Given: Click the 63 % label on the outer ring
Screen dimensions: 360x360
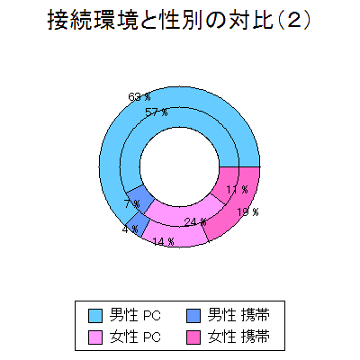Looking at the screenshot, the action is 139,97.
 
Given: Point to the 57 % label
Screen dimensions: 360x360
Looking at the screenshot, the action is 157,112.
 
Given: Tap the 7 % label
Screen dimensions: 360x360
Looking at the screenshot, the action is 132,204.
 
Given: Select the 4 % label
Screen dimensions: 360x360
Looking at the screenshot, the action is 130,229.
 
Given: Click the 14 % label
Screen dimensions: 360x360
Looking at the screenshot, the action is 163,241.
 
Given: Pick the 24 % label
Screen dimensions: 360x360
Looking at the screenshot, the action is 195,222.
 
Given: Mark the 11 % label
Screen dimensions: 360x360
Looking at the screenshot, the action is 238,190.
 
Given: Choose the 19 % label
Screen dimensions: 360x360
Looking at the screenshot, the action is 247,212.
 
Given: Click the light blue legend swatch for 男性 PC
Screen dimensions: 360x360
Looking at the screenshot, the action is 95,316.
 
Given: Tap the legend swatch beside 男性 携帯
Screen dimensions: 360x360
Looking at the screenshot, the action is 193,316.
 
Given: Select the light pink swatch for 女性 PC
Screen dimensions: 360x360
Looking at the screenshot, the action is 95,337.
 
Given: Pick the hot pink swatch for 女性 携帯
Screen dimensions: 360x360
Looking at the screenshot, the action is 193,337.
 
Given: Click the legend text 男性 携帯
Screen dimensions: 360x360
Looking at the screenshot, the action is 238,315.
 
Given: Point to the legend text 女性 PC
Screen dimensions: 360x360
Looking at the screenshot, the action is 135,337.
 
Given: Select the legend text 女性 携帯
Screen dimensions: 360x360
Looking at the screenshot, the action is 238,337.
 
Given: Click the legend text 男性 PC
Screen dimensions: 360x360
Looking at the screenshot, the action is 135,315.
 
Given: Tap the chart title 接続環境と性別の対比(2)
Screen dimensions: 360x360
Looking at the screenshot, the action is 179,21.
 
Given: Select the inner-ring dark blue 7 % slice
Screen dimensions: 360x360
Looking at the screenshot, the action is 140,199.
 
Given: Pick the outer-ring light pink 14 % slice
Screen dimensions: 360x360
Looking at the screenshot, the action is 175,235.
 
